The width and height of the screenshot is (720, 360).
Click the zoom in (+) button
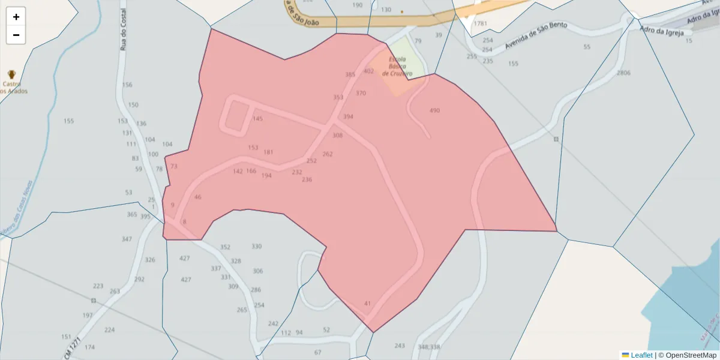(x=16, y=17)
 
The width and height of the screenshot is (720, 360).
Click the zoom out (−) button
(x=16, y=35)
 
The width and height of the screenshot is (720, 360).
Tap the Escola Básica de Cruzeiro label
(x=397, y=66)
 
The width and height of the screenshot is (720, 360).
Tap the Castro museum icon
(x=11, y=75)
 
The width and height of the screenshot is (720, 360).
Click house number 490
(x=434, y=110)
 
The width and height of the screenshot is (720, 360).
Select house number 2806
(x=623, y=73)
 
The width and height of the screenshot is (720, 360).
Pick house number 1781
(x=480, y=23)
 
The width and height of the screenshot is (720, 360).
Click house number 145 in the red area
(x=257, y=119)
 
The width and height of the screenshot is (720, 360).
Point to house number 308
(x=337, y=136)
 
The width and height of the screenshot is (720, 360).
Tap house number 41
(x=368, y=304)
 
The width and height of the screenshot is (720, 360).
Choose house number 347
(x=127, y=239)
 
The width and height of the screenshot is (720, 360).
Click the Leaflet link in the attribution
(x=641, y=355)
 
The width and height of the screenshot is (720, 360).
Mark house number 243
(x=400, y=346)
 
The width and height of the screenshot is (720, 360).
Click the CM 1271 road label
(x=72, y=347)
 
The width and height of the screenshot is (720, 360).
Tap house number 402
(x=368, y=71)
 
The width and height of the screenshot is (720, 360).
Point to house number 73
(x=174, y=166)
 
